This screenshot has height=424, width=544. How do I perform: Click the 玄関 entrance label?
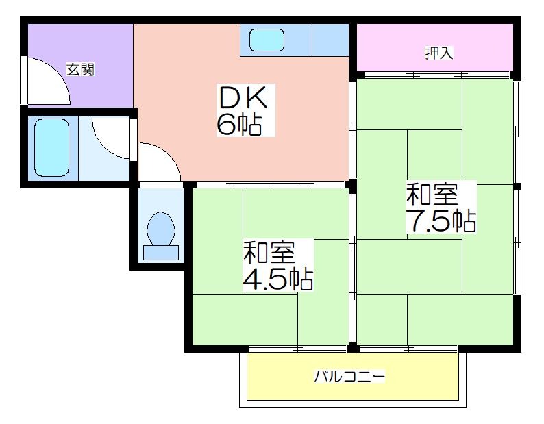pos(80,70)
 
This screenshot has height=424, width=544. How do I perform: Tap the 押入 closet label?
pos(439,53)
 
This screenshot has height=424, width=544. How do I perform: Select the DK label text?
pos(243,97)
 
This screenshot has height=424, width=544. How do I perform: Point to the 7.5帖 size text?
pos(441,220)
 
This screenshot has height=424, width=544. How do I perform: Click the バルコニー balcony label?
pos(349,377)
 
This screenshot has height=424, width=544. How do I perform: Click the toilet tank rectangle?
pos(161,253)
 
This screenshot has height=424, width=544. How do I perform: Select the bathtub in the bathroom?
pos(51,148)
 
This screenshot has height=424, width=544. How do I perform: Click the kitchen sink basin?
pos(267,40)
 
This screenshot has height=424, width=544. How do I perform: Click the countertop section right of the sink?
pos(330,40)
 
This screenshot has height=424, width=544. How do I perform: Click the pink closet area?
pos(434,47)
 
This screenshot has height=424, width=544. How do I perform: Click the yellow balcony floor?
pos(352,377)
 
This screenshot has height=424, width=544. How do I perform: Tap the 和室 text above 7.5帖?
pos(432,195)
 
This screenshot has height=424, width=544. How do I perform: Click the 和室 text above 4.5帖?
pos(269,252)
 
